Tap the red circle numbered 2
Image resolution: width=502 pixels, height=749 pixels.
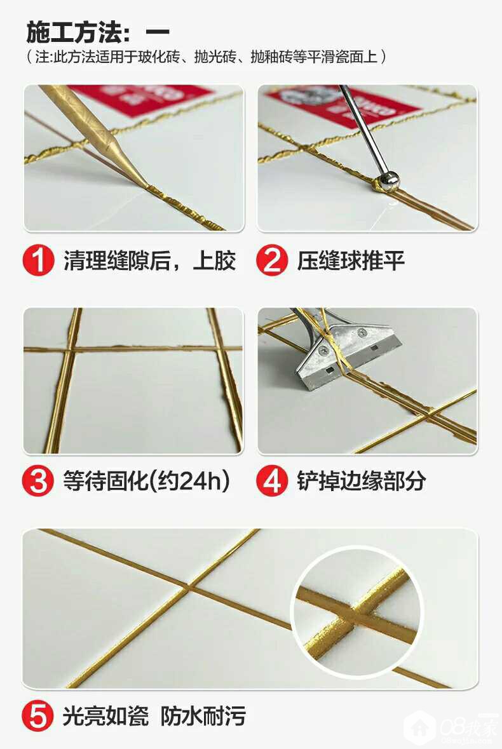pyautogui.click(x=272, y=260)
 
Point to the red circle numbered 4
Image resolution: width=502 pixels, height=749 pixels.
pyautogui.click(x=272, y=480)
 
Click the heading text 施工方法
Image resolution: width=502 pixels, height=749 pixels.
pyautogui.click(x=72, y=32)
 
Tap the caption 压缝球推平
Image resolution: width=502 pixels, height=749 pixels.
pyautogui.click(x=351, y=261)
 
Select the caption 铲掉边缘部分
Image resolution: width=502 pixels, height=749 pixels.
pyautogui.click(x=362, y=481)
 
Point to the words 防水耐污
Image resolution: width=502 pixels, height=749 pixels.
pyautogui.click(x=203, y=716)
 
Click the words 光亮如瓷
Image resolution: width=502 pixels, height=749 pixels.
pyautogui.click(x=105, y=716)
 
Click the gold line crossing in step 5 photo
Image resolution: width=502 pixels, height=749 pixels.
pyautogui.click(x=187, y=585)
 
